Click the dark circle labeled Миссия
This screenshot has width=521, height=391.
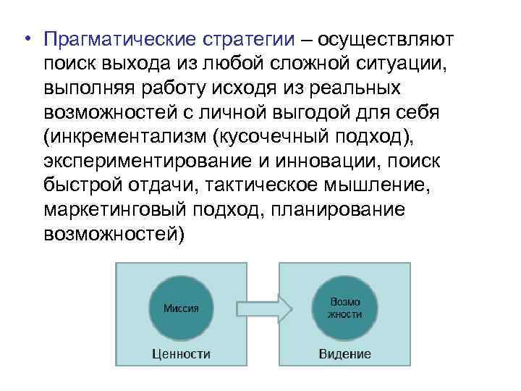point(181,308)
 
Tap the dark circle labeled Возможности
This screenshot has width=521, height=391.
point(344,308)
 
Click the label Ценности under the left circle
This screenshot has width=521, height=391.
point(181,354)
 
